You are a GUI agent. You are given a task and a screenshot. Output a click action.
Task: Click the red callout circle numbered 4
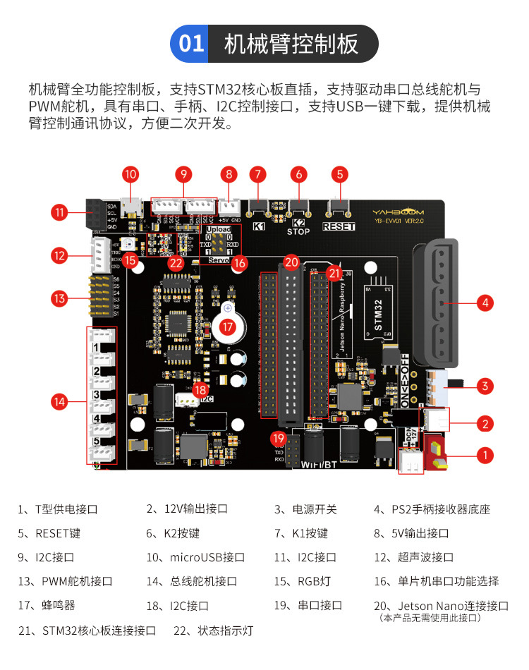(x=484, y=303)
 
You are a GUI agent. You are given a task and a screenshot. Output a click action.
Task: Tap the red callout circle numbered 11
(x=59, y=212)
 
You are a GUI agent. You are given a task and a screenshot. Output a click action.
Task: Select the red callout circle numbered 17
(x=227, y=327)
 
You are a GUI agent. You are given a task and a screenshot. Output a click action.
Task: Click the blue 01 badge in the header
(x=191, y=44)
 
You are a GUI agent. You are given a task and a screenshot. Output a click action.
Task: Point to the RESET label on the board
(x=339, y=226)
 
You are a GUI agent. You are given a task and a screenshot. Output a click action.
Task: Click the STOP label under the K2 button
(x=298, y=231)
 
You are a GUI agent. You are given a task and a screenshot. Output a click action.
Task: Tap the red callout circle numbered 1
(x=485, y=455)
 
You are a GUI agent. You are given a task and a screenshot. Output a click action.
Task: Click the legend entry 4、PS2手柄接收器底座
(x=432, y=509)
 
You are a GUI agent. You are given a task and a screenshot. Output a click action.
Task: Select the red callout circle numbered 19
(x=278, y=439)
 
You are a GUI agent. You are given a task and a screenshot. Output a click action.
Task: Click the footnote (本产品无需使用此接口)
(x=430, y=618)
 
